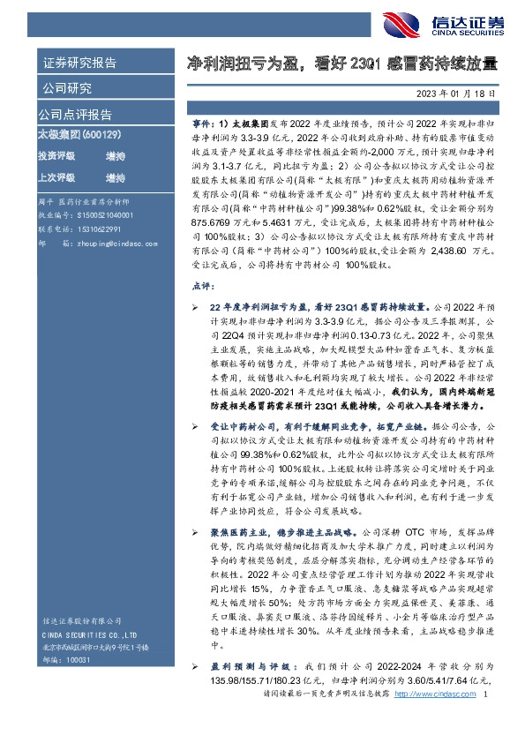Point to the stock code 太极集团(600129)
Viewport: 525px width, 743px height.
(x=70, y=136)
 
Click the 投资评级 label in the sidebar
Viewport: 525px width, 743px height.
(x=56, y=156)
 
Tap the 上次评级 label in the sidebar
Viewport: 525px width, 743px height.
(x=56, y=177)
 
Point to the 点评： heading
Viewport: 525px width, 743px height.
(x=204, y=287)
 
